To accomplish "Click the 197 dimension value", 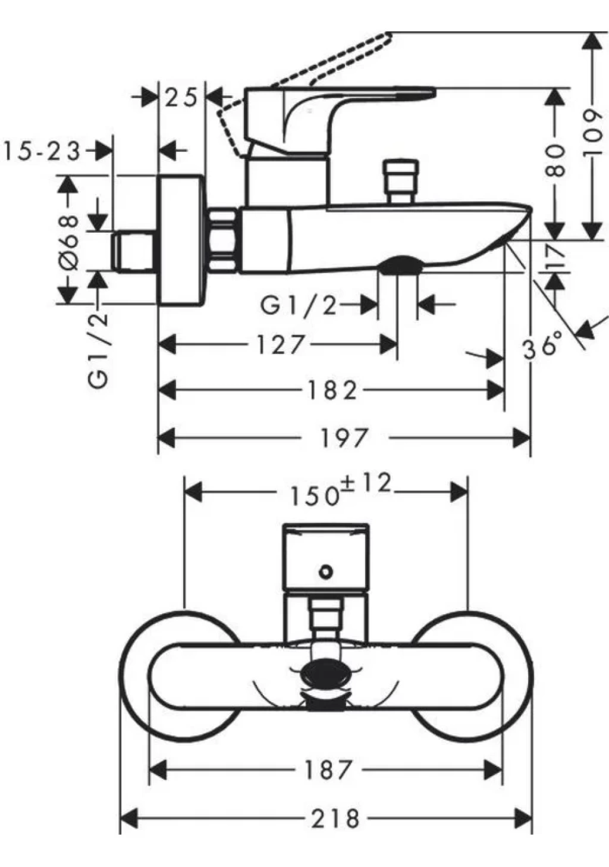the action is tap(344, 439).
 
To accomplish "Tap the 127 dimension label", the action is tap(280, 345).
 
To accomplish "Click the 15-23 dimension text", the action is tap(42, 151).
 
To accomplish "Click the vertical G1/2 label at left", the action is tap(98, 351).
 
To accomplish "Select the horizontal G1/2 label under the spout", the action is tap(299, 306).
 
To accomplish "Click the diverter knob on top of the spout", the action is tap(400, 181).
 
